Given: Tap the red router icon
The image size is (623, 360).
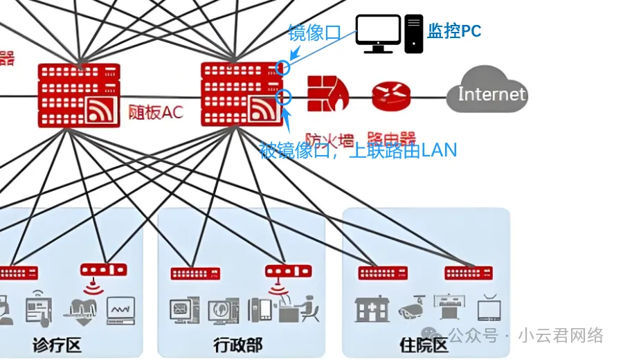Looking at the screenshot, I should click(391, 96).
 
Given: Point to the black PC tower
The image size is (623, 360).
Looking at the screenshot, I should click(414, 33).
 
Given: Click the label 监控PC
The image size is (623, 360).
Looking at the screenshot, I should click(454, 30).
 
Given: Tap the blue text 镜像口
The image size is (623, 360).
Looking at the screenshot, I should click(315, 33).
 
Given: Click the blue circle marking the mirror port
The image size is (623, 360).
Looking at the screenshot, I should click(282, 67).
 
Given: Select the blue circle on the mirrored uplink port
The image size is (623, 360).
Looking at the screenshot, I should click(283, 97).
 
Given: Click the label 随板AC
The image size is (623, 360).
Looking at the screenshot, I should click(156, 112).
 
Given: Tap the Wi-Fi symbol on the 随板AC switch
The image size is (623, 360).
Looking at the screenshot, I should click(100, 110).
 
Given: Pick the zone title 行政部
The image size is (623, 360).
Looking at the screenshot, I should click(238, 344).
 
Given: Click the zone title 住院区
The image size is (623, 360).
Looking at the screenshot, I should click(424, 344).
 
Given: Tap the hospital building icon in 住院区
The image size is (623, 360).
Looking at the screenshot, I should click(372, 309).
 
